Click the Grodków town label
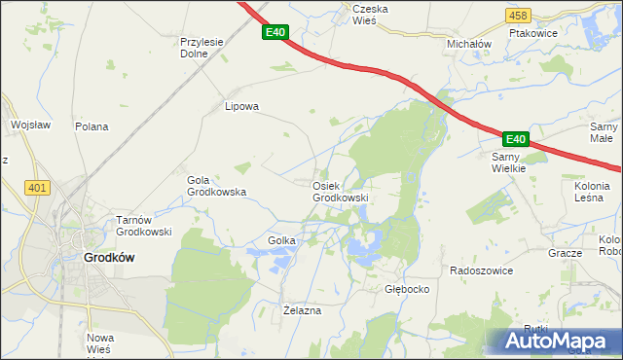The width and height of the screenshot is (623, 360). [x=108, y=258]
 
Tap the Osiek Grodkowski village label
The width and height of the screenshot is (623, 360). [x=340, y=192]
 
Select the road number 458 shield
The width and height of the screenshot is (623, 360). [x=519, y=16]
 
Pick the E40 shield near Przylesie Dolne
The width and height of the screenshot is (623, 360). [x=275, y=32]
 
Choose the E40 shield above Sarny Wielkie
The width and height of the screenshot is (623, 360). [x=515, y=139]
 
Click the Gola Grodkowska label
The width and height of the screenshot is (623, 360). [x=216, y=186]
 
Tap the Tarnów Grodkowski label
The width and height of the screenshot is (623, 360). [x=144, y=226]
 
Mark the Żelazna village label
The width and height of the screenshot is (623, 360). [x=301, y=309]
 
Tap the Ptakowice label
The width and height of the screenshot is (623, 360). [x=559, y=44]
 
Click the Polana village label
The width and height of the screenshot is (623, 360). [x=92, y=126]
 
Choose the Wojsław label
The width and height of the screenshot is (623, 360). [x=29, y=125]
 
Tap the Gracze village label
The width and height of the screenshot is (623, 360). [x=565, y=253]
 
